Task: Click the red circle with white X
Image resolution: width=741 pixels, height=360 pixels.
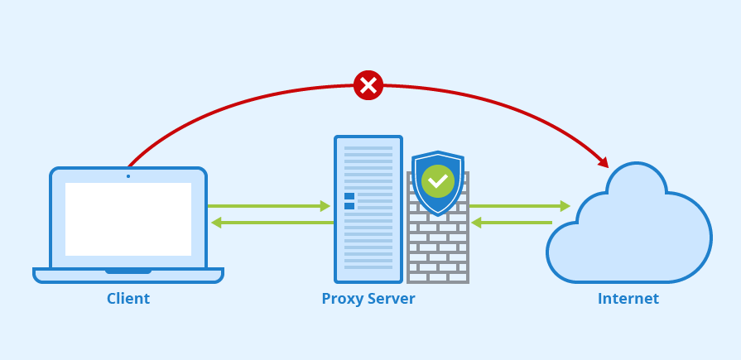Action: click(368, 84)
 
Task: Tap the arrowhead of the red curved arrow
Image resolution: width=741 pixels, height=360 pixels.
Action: click(604, 162)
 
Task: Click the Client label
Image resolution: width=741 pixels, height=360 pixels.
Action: click(128, 299)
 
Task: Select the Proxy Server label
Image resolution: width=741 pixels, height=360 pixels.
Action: click(368, 299)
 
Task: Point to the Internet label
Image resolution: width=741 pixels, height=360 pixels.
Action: click(628, 299)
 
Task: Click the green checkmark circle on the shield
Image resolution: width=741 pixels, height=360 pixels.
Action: click(438, 180)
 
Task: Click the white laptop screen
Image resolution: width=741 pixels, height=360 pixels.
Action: click(128, 219)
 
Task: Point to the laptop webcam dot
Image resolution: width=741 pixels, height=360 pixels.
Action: click(128, 175)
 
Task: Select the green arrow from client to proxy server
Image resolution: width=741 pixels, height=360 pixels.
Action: click(269, 206)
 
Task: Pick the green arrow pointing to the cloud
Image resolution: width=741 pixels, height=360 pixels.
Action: click(520, 206)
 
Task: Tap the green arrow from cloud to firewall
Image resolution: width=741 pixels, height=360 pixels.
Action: click(512, 223)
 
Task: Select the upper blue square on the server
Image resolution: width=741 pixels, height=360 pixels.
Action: click(349, 196)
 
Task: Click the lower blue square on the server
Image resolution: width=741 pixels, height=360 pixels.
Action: click(349, 206)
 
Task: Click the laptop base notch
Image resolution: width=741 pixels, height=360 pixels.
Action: click(128, 271)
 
